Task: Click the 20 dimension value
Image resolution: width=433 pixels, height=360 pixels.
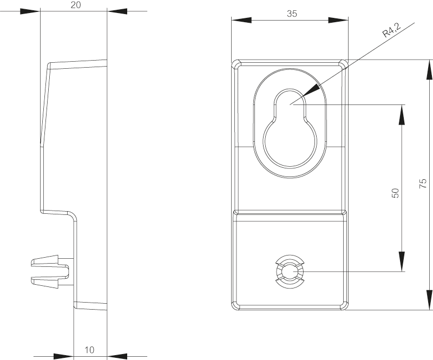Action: pos(76,5)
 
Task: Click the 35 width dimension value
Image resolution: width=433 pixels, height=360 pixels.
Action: pos(292,14)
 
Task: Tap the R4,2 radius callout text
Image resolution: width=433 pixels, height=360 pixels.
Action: pos(391,30)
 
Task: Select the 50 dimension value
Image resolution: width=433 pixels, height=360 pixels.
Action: pos(396,193)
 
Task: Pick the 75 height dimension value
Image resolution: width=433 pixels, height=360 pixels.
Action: pos(423,184)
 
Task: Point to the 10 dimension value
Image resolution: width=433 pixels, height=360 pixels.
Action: pos(89,350)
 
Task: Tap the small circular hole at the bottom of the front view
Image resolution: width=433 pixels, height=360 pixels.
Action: pos(290,272)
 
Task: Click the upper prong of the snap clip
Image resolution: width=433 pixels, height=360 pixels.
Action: pos(45,261)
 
